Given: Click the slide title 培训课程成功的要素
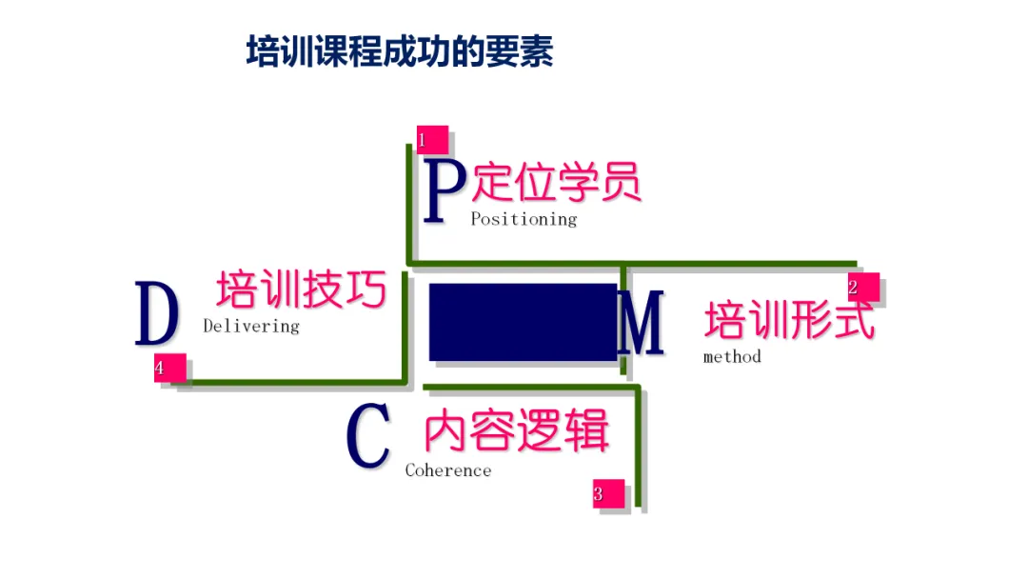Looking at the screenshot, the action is pos(400,51).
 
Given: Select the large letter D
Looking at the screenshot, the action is pos(157,314).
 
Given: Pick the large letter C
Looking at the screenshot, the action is pos(368,437).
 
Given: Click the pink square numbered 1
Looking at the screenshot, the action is pos(431,140).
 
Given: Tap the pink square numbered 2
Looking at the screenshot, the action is pos(862,288).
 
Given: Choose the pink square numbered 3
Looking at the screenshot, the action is pos(608,493).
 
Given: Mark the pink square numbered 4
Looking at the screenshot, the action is pos(168,367).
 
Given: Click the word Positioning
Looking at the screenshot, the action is pos(524,219).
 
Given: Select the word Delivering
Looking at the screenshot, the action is pos(251,326).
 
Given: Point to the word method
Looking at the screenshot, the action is pos(732,357).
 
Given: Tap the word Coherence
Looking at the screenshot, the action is pos(448,470).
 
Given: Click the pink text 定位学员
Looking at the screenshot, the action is pos(557,182).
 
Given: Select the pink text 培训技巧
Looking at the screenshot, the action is pos(302,289).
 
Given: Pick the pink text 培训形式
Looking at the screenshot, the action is pos(789,321).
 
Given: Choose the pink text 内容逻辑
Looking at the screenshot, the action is pos(517,433).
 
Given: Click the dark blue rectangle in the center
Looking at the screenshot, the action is pos(523,322).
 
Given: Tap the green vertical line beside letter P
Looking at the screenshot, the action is pos(409,205).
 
